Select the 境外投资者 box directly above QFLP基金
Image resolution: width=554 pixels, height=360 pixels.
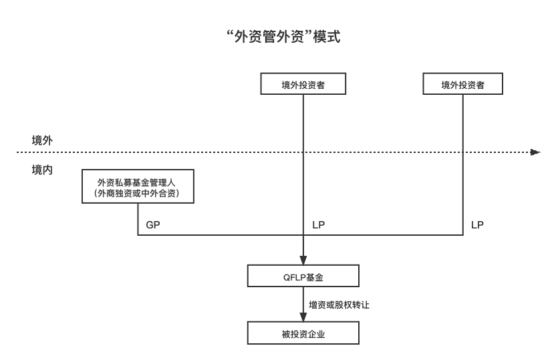click(x=303, y=85)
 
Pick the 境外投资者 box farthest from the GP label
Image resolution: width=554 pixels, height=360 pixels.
click(x=463, y=85)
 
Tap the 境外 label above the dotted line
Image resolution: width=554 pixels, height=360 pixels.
click(x=42, y=140)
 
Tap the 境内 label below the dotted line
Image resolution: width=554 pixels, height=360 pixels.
click(x=42, y=170)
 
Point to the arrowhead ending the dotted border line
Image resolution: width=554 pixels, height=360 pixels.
click(x=535, y=152)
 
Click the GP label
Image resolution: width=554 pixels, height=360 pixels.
click(x=153, y=225)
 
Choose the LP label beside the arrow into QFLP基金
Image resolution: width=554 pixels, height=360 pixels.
click(x=319, y=225)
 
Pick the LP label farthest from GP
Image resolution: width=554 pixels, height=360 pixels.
click(x=477, y=225)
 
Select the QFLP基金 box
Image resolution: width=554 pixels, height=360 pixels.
click(x=303, y=276)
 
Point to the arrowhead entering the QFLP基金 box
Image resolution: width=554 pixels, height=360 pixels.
click(x=303, y=261)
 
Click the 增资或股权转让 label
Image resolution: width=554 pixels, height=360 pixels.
click(x=339, y=305)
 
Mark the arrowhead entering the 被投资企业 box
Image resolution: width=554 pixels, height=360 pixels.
click(x=303, y=318)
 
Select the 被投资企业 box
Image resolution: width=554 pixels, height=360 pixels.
click(x=303, y=333)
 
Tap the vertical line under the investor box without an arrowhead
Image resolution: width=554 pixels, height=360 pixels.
click(x=463, y=167)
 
